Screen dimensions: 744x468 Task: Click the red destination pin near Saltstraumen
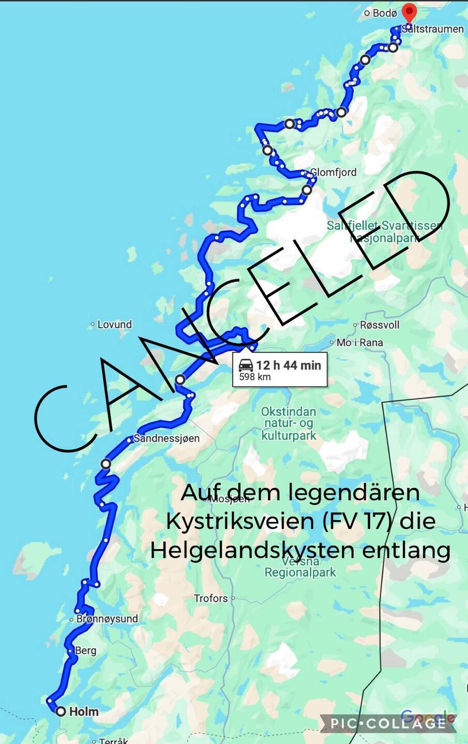click(409, 12)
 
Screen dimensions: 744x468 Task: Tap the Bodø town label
click(385, 13)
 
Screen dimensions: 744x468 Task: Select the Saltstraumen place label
click(433, 29)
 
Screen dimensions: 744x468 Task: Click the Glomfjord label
click(333, 172)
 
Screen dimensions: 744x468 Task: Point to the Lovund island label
click(114, 324)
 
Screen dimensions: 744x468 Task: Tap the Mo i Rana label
click(359, 342)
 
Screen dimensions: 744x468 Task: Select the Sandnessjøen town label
click(167, 438)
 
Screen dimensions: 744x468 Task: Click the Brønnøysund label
click(107, 618)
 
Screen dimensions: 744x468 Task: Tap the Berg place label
click(85, 650)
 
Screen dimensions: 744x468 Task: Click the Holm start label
click(84, 711)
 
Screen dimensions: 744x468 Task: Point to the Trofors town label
click(210, 598)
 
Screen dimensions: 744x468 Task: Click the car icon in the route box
click(246, 365)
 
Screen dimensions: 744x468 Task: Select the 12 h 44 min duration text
click(289, 365)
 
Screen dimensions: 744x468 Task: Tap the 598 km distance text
click(255, 377)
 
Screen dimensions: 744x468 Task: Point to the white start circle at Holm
click(61, 711)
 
